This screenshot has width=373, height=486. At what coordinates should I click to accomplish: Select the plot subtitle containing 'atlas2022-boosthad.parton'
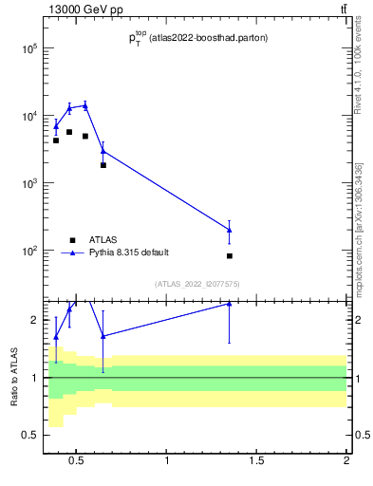pyautogui.click(x=198, y=38)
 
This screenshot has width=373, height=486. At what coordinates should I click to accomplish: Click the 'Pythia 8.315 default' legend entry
pyautogui.click(x=128, y=252)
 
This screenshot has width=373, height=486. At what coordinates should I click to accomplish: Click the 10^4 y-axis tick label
pyautogui.click(x=28, y=116)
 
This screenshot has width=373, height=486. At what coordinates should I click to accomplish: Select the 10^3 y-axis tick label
pyautogui.click(x=28, y=183)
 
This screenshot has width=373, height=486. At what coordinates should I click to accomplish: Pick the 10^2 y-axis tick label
pyautogui.click(x=28, y=251)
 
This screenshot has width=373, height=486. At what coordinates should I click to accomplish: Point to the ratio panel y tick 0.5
pyautogui.click(x=28, y=435)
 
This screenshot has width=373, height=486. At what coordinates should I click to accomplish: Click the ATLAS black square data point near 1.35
pyautogui.click(x=230, y=256)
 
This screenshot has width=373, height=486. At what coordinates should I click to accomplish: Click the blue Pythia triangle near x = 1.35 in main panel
pyautogui.click(x=230, y=230)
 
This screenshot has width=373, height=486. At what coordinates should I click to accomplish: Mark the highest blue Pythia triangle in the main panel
pyautogui.click(x=85, y=105)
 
